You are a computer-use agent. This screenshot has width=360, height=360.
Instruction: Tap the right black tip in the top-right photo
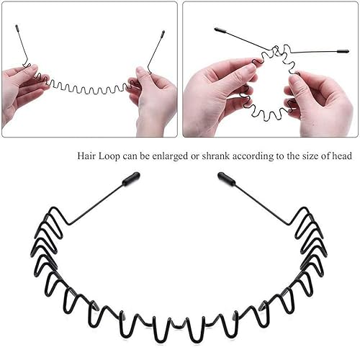341,51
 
